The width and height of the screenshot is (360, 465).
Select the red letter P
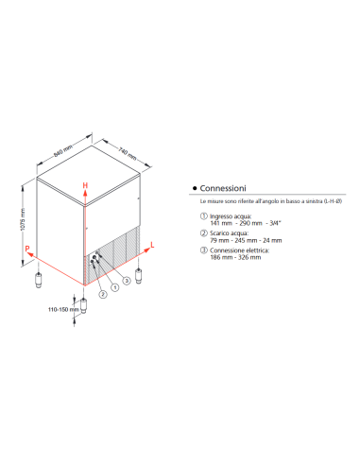pos(28,250)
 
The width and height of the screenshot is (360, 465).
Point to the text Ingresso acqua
pos(225,215)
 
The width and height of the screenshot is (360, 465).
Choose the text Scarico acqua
pos(224,233)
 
